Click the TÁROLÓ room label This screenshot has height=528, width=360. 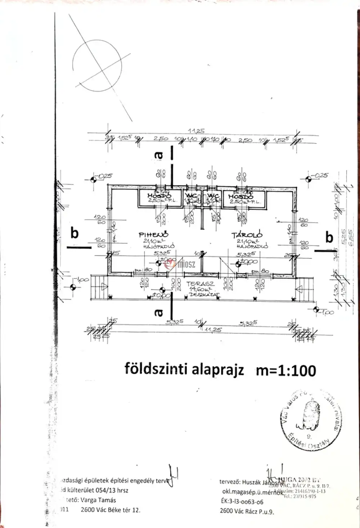click(247, 235)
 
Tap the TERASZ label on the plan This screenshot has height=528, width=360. click(196, 284)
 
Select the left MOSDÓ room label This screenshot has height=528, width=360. click(156, 196)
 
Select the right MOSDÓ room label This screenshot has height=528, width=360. click(240, 197)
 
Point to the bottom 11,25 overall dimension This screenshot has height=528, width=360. click(213, 329)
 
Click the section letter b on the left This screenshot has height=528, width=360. click(74, 233)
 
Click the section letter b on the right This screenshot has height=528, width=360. click(329, 238)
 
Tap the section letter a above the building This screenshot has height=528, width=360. click(158, 155)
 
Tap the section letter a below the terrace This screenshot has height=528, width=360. click(158, 312)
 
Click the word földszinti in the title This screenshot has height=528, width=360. click(153, 369)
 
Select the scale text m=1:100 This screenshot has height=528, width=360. click(286, 370)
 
